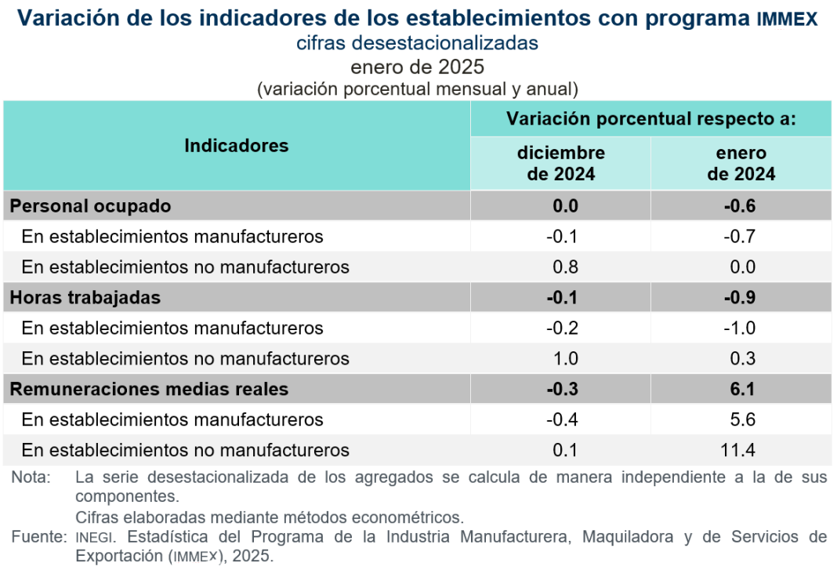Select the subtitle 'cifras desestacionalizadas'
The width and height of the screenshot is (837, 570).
(x=417, y=43)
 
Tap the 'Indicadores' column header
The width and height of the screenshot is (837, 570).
(x=237, y=146)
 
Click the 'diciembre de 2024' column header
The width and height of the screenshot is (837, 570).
(x=560, y=163)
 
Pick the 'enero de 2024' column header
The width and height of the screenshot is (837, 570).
(x=741, y=163)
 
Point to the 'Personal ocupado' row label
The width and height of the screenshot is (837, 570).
(x=90, y=206)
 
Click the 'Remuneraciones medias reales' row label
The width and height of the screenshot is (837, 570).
(x=149, y=389)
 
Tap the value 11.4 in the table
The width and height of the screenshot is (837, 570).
(x=741, y=450)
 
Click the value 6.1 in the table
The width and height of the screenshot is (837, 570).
(x=741, y=389)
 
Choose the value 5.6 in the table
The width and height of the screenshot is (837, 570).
(x=741, y=419)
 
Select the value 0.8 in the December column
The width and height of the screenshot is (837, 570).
(x=565, y=267)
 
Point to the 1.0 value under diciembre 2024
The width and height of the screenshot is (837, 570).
(x=565, y=359)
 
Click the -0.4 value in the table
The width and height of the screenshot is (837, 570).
(x=562, y=419)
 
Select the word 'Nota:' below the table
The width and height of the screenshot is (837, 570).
(x=31, y=477)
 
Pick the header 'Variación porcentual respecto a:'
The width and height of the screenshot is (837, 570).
(x=651, y=119)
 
